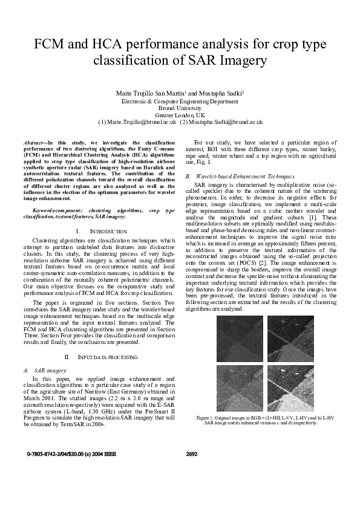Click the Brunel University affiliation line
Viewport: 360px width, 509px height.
180,108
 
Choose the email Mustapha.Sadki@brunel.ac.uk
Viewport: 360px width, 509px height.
222,122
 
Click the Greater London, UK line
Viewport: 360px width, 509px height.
180,115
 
